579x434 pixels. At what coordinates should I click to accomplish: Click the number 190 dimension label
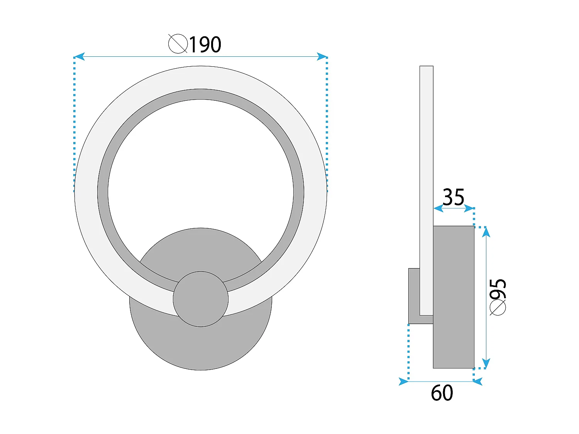point(205,45)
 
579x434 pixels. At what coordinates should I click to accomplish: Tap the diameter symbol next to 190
point(178,44)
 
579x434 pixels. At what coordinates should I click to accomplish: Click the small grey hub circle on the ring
point(201,299)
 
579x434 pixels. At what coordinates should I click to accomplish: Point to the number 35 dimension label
point(453,197)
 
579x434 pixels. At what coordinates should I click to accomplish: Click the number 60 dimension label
point(442,393)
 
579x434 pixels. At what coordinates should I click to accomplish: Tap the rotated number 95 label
point(498,289)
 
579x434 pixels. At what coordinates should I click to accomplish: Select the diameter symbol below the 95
point(498,308)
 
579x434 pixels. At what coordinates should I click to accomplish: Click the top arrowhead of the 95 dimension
point(486,231)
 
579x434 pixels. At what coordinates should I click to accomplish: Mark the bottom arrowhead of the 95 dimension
point(486,363)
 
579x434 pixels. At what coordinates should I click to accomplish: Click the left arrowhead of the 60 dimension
point(403,382)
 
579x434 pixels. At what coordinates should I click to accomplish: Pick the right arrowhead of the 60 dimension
point(478,382)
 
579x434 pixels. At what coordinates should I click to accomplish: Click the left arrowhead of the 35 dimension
point(438,208)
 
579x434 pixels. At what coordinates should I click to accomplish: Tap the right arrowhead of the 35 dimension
point(469,208)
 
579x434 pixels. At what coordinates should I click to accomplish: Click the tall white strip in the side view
point(427,154)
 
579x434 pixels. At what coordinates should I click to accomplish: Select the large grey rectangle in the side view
point(454,297)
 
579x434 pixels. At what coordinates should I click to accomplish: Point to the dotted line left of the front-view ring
point(74,123)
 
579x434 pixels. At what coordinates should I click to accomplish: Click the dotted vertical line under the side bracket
point(408,351)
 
